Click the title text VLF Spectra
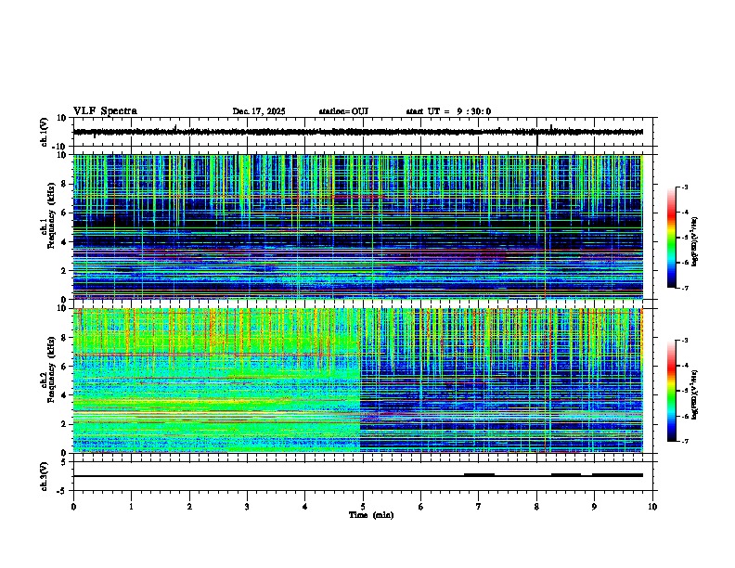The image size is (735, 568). click(x=105, y=111)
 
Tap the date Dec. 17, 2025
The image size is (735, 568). click(x=258, y=111)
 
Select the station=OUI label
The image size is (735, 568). click(x=343, y=111)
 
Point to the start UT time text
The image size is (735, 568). click(x=448, y=111)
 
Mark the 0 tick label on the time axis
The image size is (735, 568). click(x=73, y=506)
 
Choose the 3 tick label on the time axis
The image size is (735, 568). click(x=247, y=506)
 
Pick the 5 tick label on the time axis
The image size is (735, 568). click(x=363, y=506)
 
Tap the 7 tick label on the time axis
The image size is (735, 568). click(x=479, y=506)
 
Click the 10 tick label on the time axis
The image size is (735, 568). click(x=652, y=506)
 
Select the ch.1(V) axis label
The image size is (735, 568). click(x=44, y=132)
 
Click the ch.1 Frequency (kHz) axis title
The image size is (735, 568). click(x=46, y=225)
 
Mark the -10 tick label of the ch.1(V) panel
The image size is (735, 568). click(x=61, y=147)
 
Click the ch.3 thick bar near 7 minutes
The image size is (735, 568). click(x=479, y=474)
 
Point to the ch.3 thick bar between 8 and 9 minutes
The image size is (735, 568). click(x=565, y=474)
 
